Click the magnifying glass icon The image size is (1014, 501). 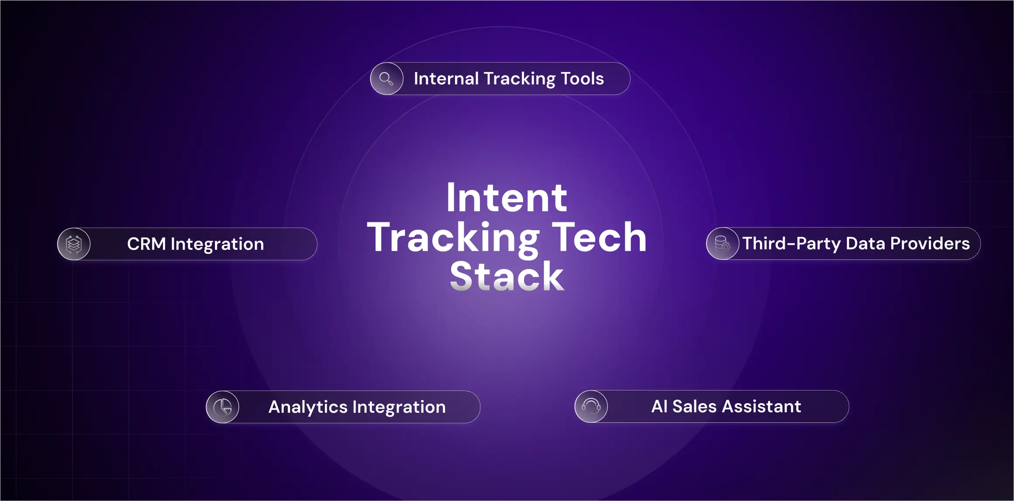pos(386,79)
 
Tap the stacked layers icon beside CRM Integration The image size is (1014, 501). pos(74,244)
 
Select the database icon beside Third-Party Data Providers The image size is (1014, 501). pos(722,244)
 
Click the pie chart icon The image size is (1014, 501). pos(223,407)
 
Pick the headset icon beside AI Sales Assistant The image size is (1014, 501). pos(591,407)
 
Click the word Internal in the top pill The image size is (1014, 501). pos(446,79)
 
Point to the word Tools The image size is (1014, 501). pos(582,79)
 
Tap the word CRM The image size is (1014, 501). pos(146,244)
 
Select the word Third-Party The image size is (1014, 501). pos(791,244)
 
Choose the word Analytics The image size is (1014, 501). pos(308,407)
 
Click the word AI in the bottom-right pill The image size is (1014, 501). pos(659,407)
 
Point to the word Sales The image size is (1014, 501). pos(694,407)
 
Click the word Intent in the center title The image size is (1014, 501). pos(507,198)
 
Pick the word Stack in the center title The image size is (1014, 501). pos(507,276)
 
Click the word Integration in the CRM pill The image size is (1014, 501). pos(217,244)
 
